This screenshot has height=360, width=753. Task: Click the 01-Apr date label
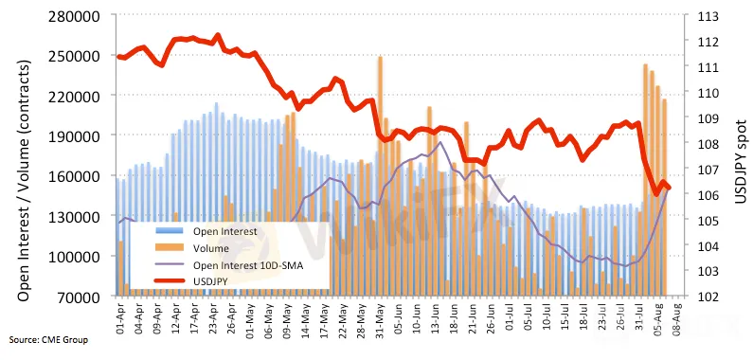121,315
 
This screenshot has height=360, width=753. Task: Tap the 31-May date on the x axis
380,315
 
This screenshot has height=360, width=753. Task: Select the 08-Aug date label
676,315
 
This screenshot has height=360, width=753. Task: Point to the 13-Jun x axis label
435,315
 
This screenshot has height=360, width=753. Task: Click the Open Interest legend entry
225,231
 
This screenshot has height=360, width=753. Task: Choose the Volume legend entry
211,248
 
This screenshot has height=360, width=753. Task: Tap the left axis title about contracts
25,180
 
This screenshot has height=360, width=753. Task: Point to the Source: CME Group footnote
48,340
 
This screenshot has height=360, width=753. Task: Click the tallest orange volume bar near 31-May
380,175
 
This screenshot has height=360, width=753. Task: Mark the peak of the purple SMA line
440,142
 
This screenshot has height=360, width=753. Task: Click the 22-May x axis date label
341,315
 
